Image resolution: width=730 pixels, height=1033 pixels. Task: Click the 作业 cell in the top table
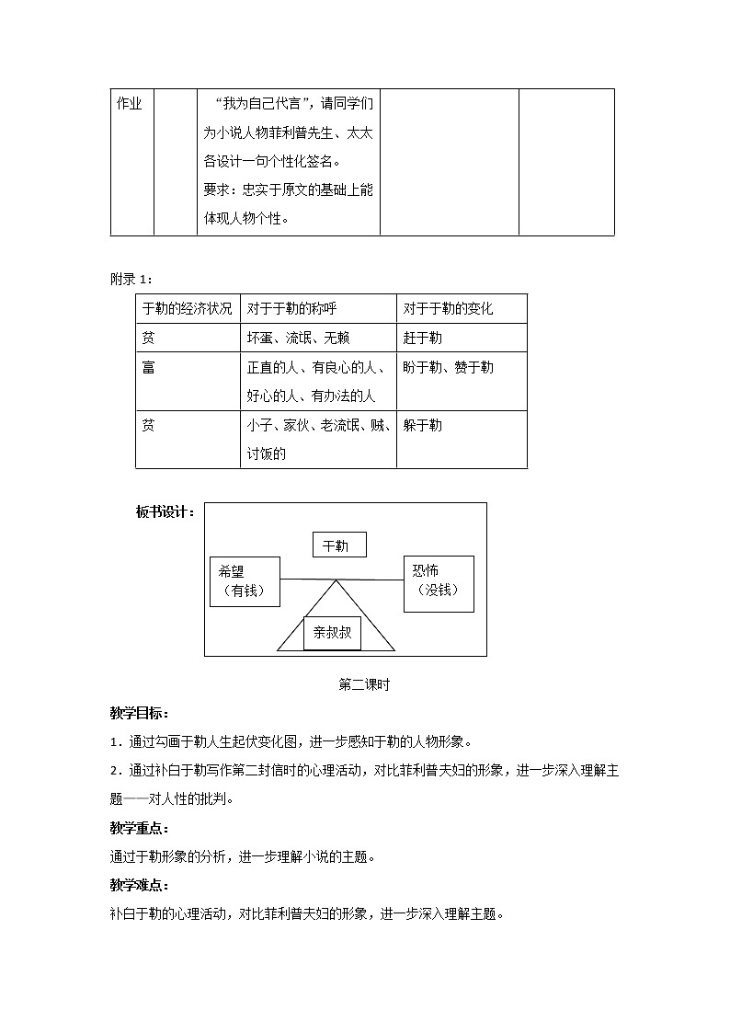[x=130, y=104]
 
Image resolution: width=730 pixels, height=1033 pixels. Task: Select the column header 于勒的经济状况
[x=187, y=309]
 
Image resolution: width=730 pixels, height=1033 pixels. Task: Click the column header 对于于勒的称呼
[x=291, y=309]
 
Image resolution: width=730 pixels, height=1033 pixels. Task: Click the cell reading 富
[x=149, y=368]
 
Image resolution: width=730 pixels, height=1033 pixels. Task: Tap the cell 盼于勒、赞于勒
[x=448, y=368]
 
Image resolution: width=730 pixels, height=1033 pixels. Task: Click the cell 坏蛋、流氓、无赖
[x=298, y=339]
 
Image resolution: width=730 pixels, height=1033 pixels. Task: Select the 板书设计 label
[x=165, y=512]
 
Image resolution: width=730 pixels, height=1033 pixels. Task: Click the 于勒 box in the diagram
[x=338, y=545]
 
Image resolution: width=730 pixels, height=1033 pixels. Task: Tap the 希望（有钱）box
[x=245, y=581]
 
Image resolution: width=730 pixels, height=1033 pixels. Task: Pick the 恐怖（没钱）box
[x=439, y=582]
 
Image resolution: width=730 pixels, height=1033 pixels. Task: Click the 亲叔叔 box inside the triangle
[x=333, y=633]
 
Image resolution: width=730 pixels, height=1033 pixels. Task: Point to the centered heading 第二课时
[x=365, y=684]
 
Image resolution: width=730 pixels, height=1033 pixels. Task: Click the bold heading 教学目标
[x=139, y=714]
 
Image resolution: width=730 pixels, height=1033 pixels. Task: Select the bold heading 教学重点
[x=139, y=828]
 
